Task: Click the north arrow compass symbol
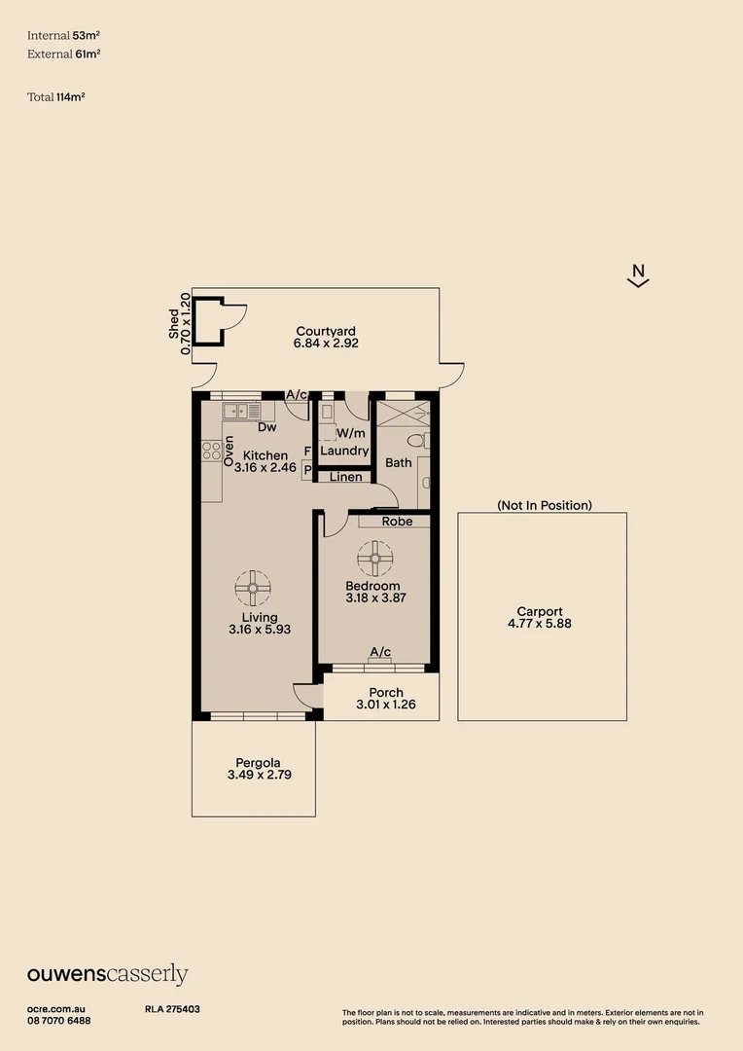tap(638, 276)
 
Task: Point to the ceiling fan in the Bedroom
tap(374, 559)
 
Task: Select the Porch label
tap(386, 692)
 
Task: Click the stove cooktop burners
tap(211, 451)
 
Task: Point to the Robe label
tap(397, 522)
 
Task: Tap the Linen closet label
tap(345, 477)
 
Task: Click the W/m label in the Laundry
tap(351, 433)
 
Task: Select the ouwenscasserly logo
tap(107, 974)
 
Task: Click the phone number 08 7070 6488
tap(59, 1020)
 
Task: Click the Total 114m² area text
tap(55, 96)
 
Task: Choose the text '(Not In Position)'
tap(544, 505)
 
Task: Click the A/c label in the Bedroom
tap(380, 652)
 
